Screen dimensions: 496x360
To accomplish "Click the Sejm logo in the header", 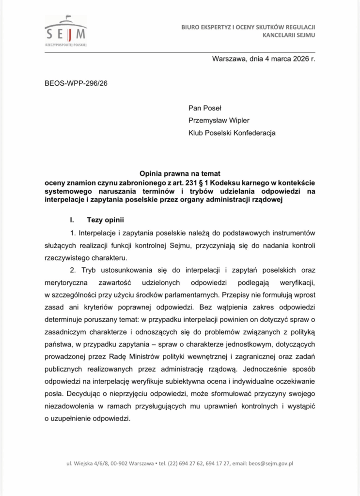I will pyautogui.click(x=65, y=31).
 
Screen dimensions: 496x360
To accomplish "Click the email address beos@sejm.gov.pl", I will pyautogui.click(x=271, y=463).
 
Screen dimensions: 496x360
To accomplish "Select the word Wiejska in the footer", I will pyautogui.click(x=82, y=463).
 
